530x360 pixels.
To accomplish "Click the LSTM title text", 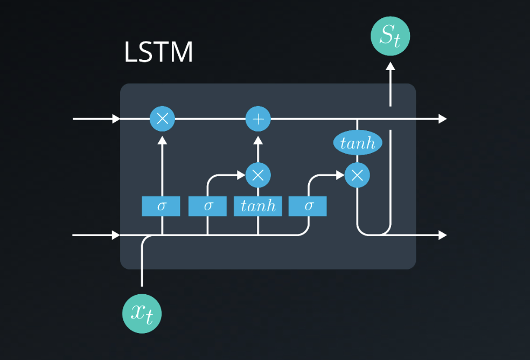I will click(158, 53).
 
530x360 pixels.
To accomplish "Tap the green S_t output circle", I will click(390, 37).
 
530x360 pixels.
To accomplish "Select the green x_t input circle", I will click(142, 313).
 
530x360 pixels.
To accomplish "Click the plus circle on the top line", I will click(258, 119).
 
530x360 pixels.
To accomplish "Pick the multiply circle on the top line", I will click(162, 119).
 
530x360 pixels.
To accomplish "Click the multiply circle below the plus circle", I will click(258, 175).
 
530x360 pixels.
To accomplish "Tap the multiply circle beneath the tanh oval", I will click(357, 175).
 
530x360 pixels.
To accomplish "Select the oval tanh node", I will click(358, 143).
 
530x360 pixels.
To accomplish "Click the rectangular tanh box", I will click(258, 206).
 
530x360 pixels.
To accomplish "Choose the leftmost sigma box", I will click(161, 206).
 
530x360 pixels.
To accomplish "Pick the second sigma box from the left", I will click(207, 206).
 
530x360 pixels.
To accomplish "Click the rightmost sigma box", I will click(308, 206).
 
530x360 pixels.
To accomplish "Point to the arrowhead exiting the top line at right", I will click(443, 119).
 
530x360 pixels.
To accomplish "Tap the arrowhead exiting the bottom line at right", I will click(443, 235).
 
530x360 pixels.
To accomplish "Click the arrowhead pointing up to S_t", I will click(390, 67).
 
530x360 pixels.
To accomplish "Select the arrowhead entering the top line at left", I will click(116, 119).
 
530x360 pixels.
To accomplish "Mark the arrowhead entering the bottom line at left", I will click(116, 235).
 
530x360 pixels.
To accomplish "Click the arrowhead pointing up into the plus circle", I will click(258, 140).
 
